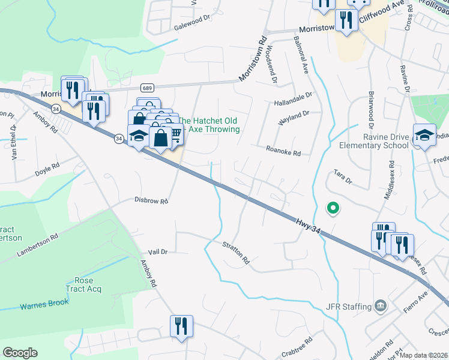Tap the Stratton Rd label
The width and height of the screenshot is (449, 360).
click(236, 253)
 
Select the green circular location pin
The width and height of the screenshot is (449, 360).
click(333, 208)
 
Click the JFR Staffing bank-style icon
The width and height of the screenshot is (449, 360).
click(380, 307)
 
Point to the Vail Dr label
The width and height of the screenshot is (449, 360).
click(157, 253)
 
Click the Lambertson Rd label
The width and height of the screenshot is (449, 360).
click(37, 246)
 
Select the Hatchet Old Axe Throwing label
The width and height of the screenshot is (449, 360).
click(209, 125)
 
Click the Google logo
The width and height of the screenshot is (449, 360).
click(20, 353)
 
